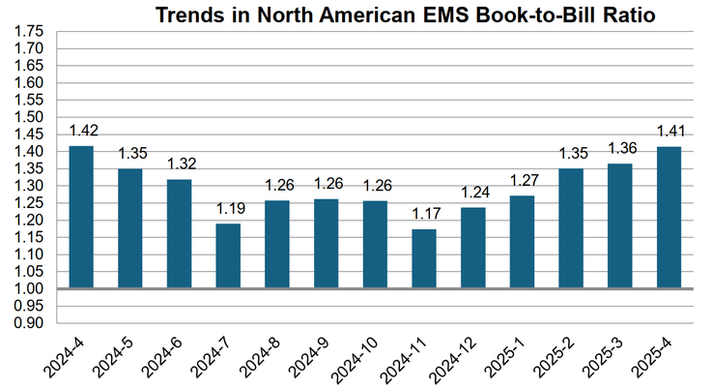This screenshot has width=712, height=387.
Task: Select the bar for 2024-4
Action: tap(80, 217)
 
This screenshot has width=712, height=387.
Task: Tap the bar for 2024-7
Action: tap(228, 255)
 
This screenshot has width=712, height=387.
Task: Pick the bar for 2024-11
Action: tap(424, 258)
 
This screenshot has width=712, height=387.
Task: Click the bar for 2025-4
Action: tap(669, 218)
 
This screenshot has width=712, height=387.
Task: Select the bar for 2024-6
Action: tap(179, 233)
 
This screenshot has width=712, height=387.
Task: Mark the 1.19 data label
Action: tap(228, 208)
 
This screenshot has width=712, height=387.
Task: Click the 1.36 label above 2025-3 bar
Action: tap(620, 148)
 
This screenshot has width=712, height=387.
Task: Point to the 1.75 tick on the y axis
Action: tap(29, 31)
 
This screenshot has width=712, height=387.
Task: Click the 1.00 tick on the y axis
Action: tap(29, 289)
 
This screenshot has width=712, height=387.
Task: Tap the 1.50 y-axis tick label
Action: tap(29, 117)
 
